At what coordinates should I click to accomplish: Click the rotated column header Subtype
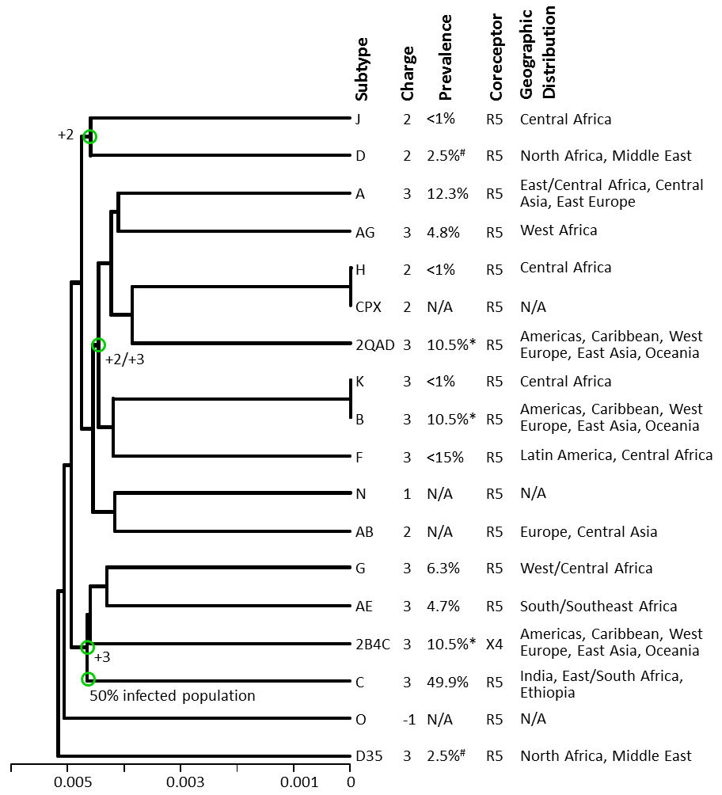tap(362, 70)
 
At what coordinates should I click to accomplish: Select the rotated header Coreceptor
tap(496, 57)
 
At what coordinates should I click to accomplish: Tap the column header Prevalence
tap(445, 57)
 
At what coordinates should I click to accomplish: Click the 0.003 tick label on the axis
tap(185, 782)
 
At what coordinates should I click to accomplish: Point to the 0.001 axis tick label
tap(299, 782)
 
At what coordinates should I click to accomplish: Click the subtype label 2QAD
tap(375, 344)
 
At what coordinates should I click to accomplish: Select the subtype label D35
tap(369, 756)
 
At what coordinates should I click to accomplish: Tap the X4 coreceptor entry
tap(494, 644)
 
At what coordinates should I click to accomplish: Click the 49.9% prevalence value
tap(447, 682)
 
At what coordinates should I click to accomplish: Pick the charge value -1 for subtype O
tap(408, 720)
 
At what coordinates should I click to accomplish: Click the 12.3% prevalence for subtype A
tap(447, 194)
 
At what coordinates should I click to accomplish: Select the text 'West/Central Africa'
tap(586, 569)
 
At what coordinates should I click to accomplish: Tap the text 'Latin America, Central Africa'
tap(616, 455)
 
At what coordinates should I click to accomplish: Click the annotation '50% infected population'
tap(173, 695)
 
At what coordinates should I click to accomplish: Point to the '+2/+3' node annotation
tap(125, 359)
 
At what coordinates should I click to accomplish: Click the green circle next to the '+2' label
tap(89, 136)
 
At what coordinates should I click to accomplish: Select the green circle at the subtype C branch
tap(88, 679)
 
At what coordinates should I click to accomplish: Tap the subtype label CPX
tap(368, 306)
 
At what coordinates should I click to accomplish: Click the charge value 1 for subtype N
tap(407, 494)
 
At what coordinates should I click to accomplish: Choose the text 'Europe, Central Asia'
tap(589, 532)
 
